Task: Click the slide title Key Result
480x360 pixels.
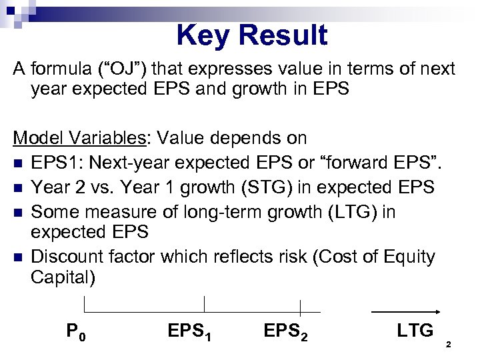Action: click(252, 35)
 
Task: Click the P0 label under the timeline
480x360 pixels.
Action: click(75, 331)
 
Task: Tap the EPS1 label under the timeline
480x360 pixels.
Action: click(191, 331)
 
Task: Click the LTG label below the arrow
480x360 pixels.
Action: click(415, 330)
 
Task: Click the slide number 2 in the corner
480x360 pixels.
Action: click(449, 345)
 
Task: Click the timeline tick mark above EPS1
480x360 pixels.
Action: click(204, 304)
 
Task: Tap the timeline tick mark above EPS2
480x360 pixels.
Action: click(300, 307)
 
